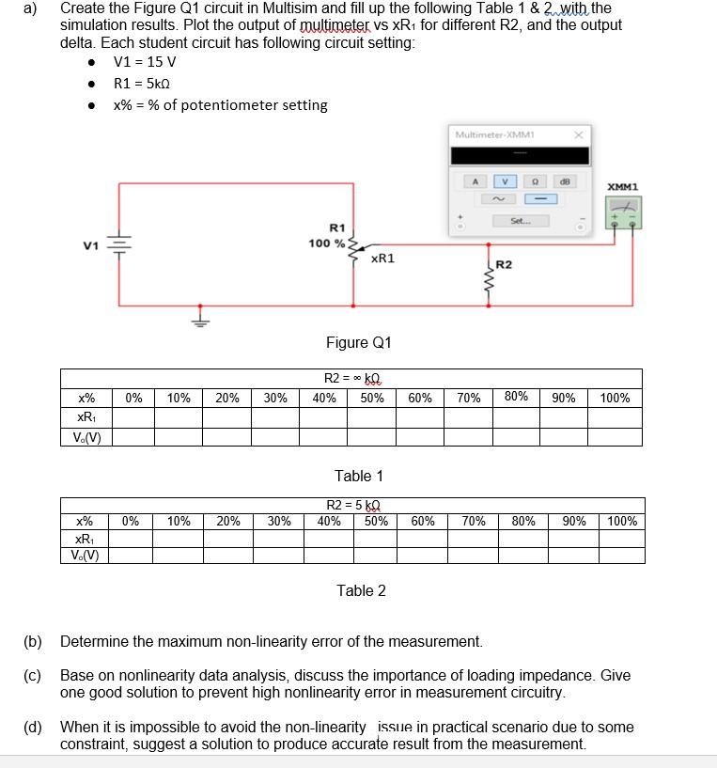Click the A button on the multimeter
click(475, 180)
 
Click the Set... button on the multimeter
click(521, 221)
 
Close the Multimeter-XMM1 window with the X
click(580, 134)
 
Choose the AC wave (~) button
click(506, 198)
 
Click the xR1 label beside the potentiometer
click(382, 258)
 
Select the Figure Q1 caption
click(358, 342)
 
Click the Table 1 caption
click(359, 477)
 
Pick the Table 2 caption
click(361, 590)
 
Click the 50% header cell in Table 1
click(372, 398)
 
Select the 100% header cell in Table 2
click(622, 521)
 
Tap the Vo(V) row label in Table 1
click(87, 436)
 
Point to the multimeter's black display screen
click(520, 156)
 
